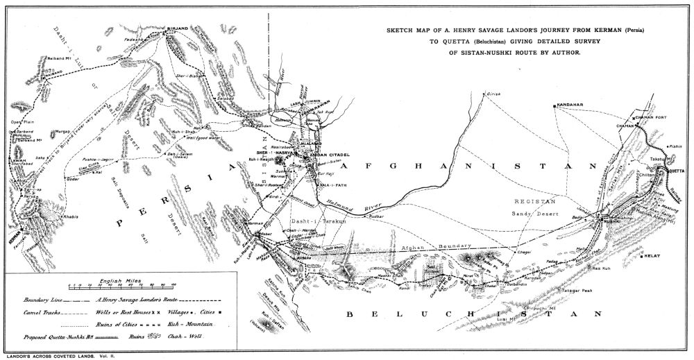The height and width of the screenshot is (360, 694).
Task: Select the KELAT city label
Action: coord(652,256)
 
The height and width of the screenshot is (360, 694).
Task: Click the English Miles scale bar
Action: coord(121,285)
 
